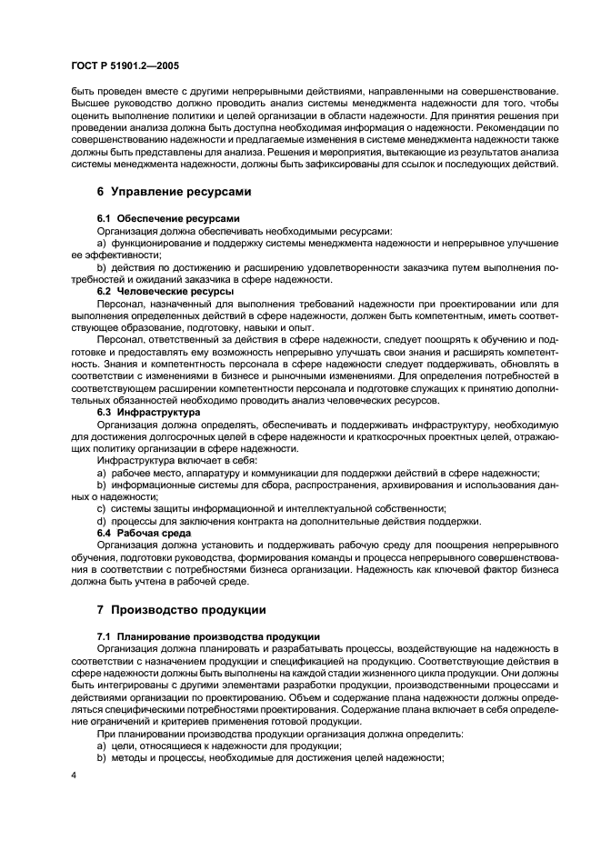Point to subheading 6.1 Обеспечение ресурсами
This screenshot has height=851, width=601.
click(x=168, y=219)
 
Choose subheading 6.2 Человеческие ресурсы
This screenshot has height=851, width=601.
click(x=165, y=291)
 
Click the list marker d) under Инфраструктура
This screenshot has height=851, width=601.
click(x=102, y=520)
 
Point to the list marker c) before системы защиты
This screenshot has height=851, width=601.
click(x=102, y=508)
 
